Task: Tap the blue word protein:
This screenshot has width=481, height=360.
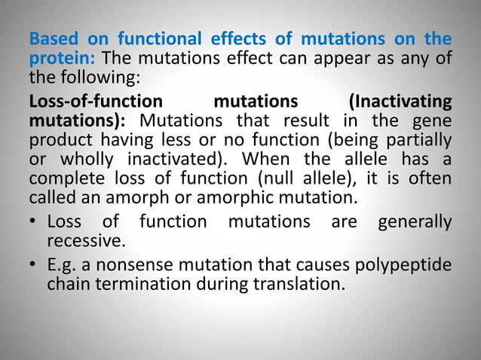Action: tap(62, 57)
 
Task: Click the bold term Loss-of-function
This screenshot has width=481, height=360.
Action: tap(95, 101)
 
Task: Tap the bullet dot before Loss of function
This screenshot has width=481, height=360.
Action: tap(34, 223)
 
